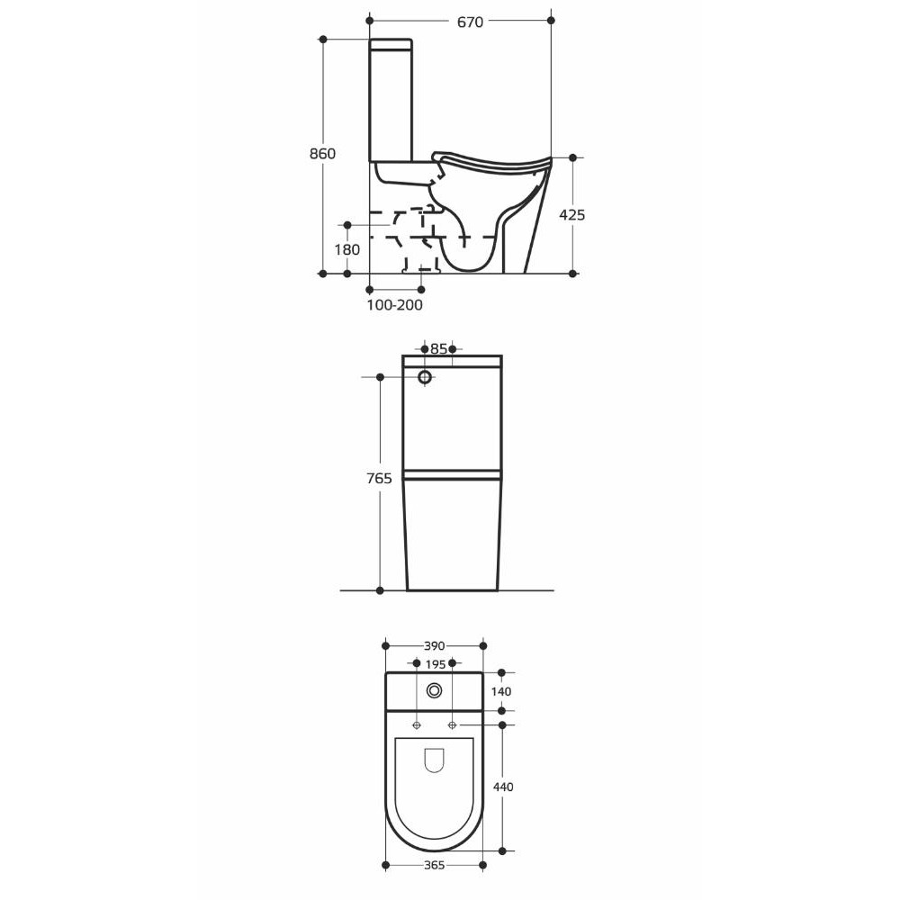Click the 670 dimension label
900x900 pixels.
tap(470, 22)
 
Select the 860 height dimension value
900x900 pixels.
tap(322, 154)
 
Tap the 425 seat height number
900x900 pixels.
tap(572, 215)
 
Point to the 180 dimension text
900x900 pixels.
tap(347, 249)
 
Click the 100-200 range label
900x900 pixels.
tap(395, 305)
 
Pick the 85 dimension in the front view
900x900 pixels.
tap(438, 349)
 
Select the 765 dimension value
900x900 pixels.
tap(380, 478)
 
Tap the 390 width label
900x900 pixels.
tap(435, 646)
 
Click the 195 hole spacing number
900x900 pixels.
tap(436, 665)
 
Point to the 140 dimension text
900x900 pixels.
tap(501, 691)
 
